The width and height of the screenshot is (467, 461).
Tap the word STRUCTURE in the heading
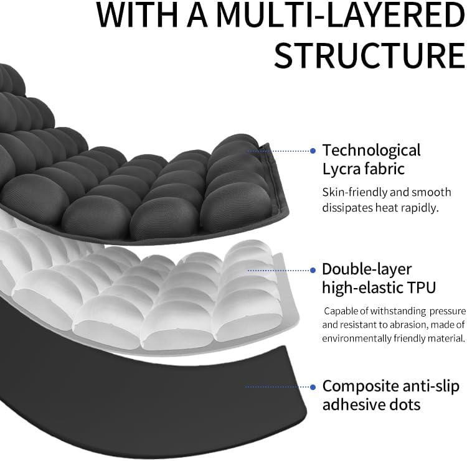(369, 56)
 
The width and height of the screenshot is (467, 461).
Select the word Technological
(371, 151)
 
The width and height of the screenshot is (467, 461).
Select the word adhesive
(351, 404)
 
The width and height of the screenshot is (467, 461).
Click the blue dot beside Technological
(313, 151)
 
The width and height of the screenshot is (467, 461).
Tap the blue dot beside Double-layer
(313, 269)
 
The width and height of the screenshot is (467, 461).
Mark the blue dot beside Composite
(313, 386)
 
